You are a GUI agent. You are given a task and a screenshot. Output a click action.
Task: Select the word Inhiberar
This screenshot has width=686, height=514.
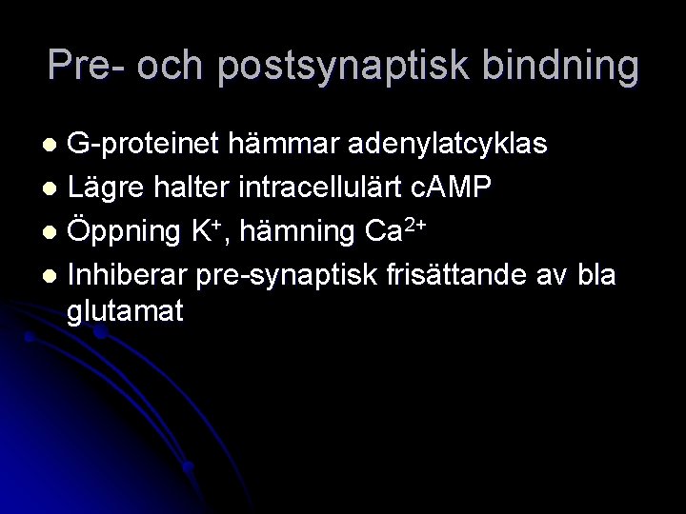(x=128, y=276)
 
